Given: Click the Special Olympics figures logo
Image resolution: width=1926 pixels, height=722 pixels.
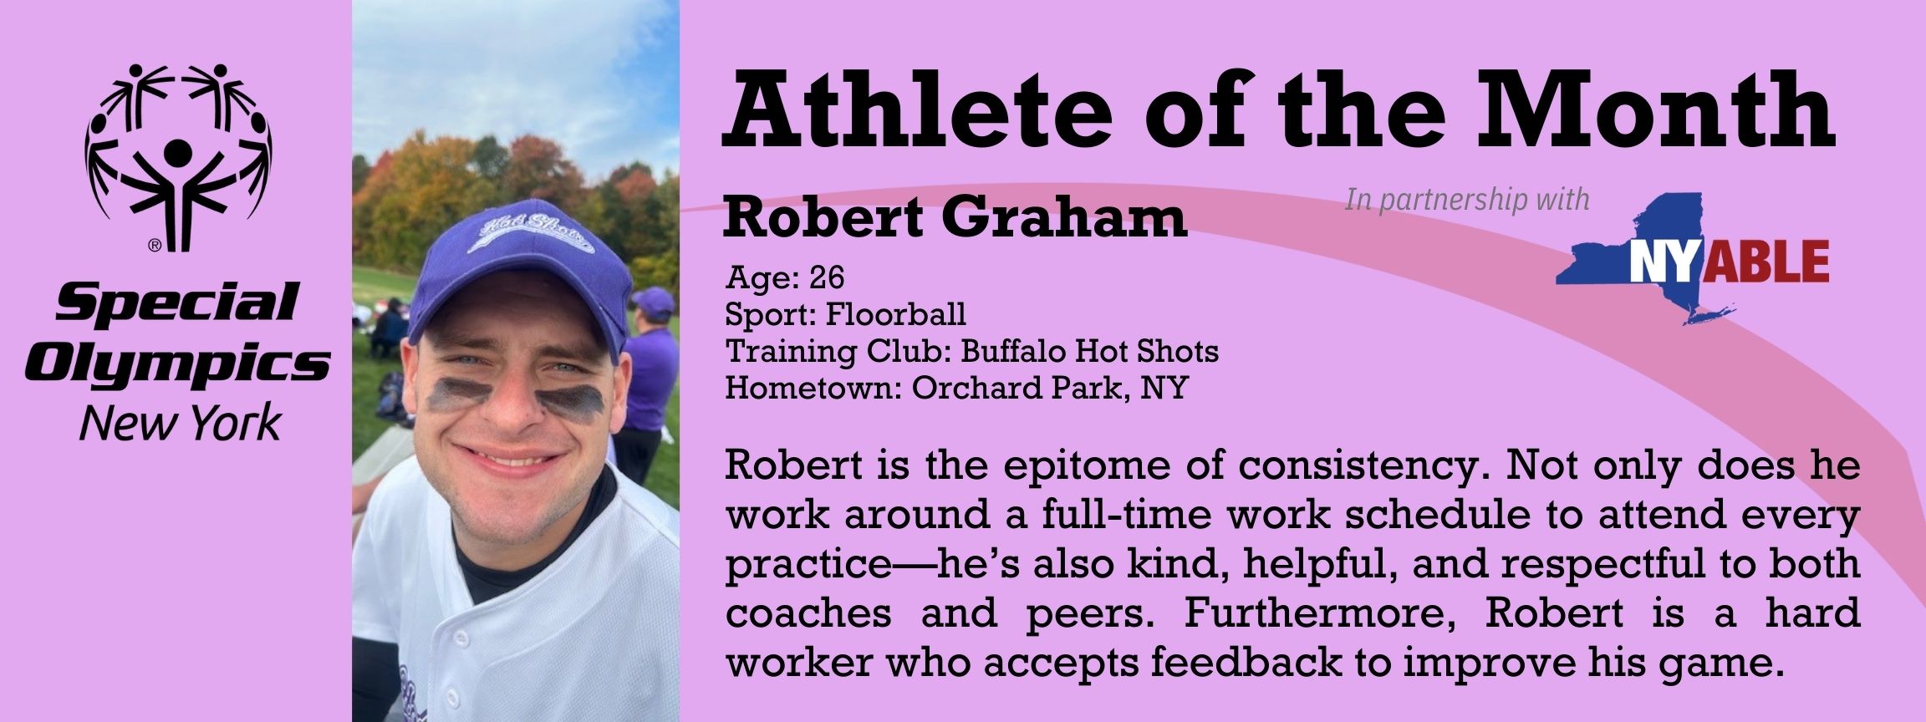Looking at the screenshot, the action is tap(177, 157).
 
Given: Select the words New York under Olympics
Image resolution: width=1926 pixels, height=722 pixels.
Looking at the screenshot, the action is tap(179, 424).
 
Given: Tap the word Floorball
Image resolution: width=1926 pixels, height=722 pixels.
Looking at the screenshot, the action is tap(895, 314).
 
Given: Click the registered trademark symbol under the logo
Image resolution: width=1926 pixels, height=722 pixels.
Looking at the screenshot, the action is tap(155, 246).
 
